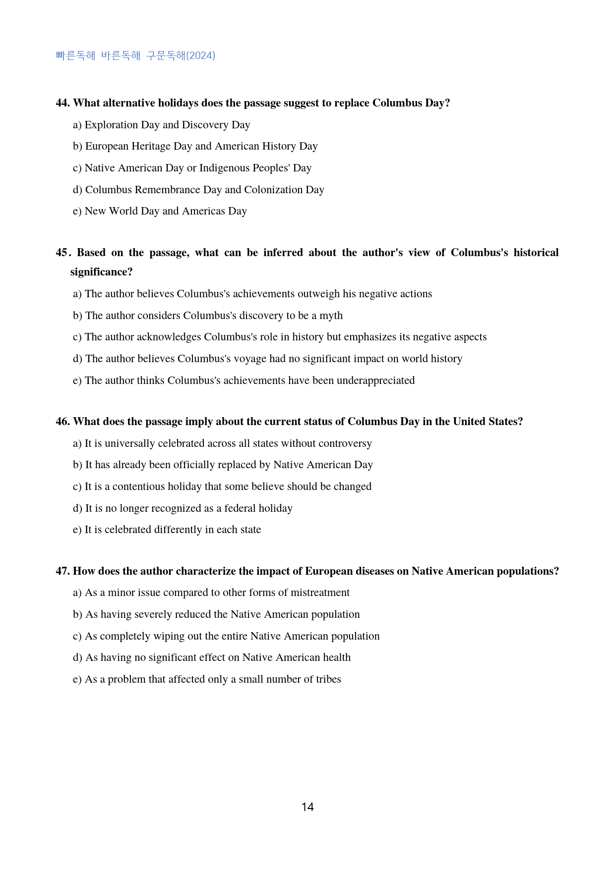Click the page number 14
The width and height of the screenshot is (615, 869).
(307, 807)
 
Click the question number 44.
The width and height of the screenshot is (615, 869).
(62, 103)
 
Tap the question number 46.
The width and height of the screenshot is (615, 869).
(62, 422)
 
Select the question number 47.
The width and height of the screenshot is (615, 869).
(62, 571)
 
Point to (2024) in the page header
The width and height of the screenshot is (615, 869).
(200, 55)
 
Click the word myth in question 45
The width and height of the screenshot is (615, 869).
(331, 316)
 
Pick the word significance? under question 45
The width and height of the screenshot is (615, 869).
(101, 272)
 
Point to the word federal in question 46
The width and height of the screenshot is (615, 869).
(240, 508)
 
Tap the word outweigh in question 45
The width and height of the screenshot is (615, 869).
(319, 294)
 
